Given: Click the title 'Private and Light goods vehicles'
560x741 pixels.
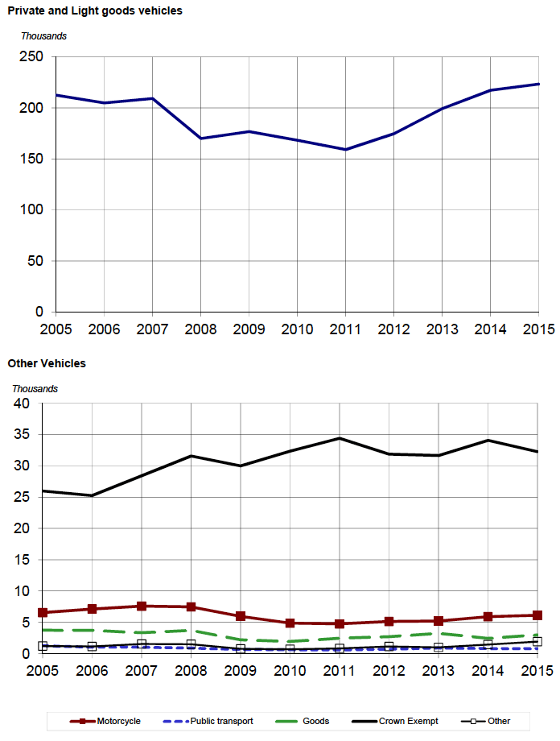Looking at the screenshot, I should pos(95,11).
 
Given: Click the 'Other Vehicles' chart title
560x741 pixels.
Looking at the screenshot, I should pos(47,363).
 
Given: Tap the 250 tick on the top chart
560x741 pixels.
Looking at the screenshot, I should pos(33,57).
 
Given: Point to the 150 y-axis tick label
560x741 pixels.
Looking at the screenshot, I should pos(33,159).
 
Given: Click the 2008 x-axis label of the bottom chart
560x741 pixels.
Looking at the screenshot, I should pos(191,671).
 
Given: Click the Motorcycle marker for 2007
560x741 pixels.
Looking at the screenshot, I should pos(142,606).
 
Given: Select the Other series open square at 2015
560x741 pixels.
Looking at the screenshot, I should pos(538,642).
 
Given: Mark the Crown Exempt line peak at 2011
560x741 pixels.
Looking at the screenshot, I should pos(340,438).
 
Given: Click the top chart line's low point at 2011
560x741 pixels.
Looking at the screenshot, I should pos(345,150).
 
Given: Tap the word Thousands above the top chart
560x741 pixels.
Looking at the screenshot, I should pos(43,36).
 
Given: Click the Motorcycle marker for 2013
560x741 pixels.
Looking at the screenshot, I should pos(439,621).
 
